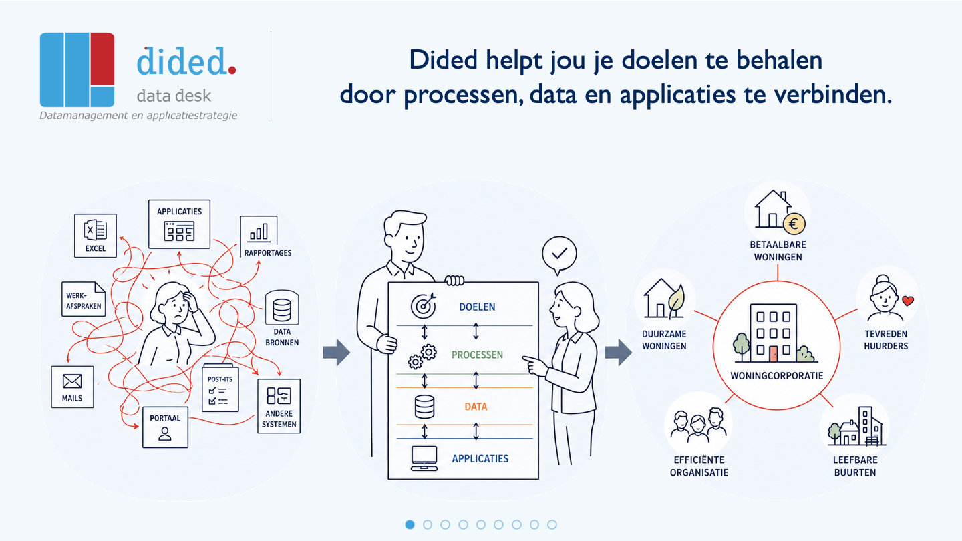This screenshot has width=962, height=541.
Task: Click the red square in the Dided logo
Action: coord(102,59)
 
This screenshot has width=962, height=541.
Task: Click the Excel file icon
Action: coord(96,230)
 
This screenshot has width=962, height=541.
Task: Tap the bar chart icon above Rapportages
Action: coord(259,232)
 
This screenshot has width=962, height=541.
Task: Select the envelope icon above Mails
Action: coord(72,381)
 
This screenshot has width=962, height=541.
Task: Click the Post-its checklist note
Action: coord(220,388)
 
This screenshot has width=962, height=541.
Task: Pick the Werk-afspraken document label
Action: coord(84,301)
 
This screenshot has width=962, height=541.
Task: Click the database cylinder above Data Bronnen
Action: coord(282,309)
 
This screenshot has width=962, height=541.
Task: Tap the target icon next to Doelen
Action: coord(424,305)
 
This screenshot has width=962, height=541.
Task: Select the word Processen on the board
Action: coord(477,355)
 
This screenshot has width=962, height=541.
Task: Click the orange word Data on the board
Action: coord(476,407)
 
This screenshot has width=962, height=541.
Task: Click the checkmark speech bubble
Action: coord(559,255)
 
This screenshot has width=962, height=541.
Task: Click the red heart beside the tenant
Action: coord(908,301)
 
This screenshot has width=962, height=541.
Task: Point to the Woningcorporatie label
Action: coord(777,375)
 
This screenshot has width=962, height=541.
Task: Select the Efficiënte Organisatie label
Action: coord(699,466)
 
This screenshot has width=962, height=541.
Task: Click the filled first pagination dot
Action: coord(410,525)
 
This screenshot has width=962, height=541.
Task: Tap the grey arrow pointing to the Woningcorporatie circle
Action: coord(619,353)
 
